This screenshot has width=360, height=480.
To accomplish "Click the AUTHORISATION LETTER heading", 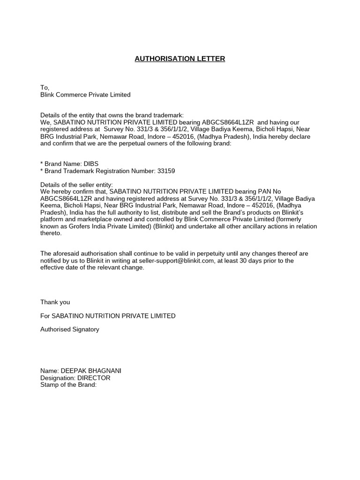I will click(180, 59).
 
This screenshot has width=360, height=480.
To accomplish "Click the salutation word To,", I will click(45, 88).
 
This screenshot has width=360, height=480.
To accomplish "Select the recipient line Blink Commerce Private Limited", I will click(85, 95).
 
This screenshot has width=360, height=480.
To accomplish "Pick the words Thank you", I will click(55, 302).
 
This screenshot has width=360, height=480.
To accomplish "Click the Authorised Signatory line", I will click(70, 330).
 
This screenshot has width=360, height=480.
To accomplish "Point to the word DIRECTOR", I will click(94, 378).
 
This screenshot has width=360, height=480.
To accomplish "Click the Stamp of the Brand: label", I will click(68, 385).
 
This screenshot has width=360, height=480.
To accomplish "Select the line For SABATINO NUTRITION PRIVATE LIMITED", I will click(108, 316).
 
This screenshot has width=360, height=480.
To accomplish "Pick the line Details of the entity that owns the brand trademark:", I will click(112, 115).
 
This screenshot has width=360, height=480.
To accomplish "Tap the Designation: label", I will click(58, 378).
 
